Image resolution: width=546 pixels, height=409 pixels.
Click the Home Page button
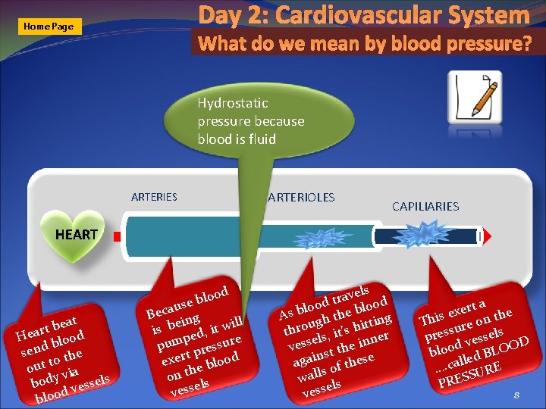[49, 27]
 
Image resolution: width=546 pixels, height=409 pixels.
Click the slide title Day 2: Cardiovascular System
[364, 15]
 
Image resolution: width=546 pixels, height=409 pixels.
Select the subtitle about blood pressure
[365, 44]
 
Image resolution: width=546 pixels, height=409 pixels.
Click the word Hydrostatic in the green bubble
[233, 103]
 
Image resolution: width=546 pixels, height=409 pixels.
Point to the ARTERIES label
[154, 197]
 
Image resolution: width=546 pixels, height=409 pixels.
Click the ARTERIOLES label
[301, 198]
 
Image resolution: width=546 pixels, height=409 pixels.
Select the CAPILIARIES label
[425, 206]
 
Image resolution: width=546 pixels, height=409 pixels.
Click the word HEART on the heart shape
[76, 235]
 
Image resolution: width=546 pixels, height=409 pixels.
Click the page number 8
[516, 395]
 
